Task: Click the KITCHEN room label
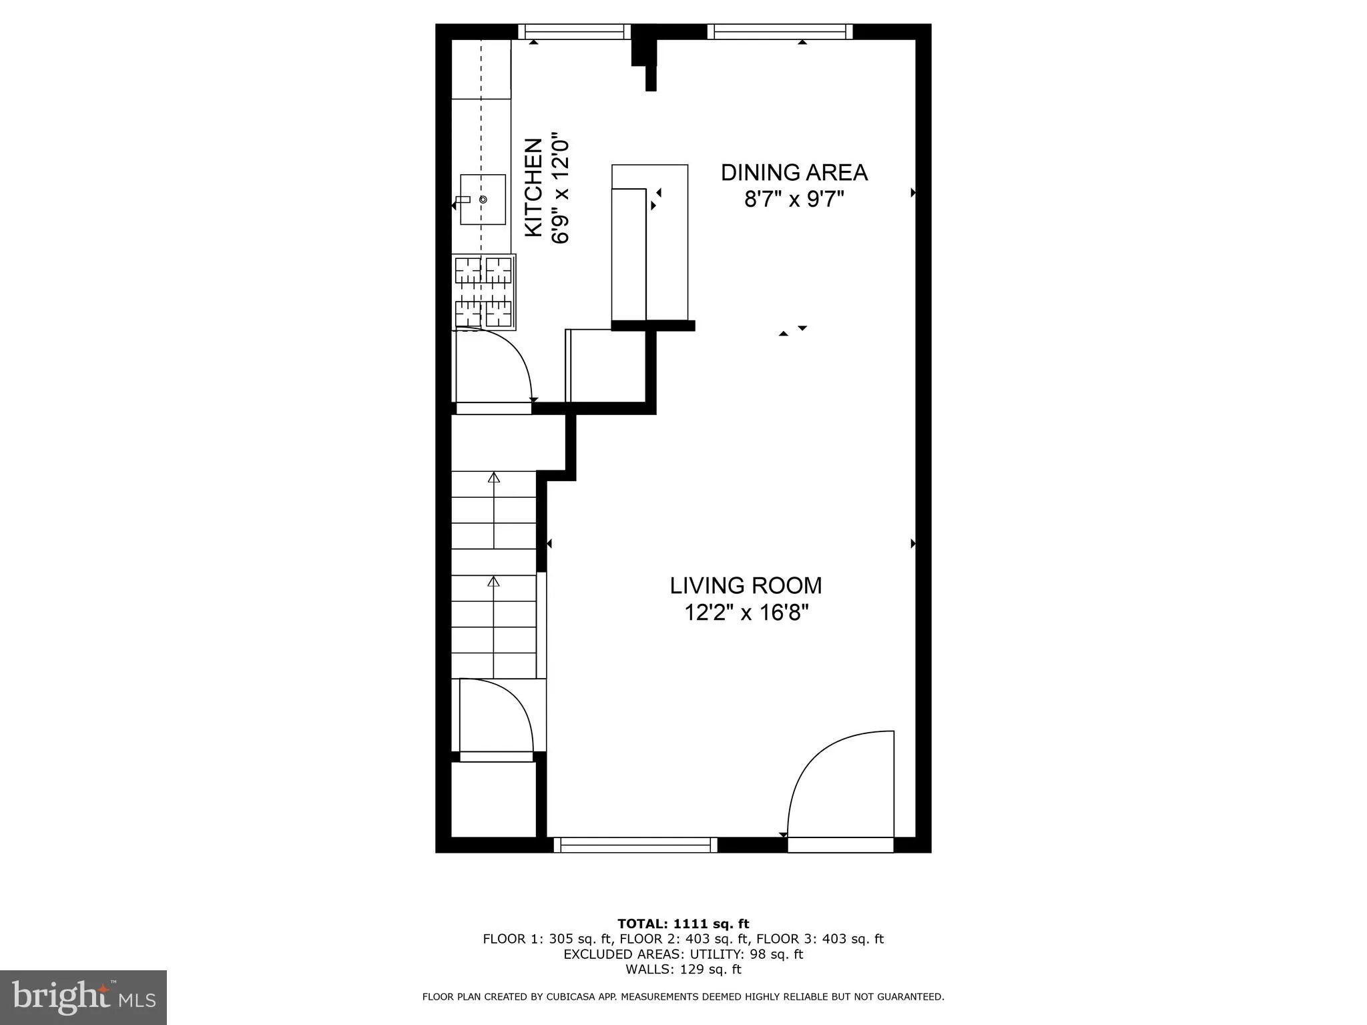[533, 188]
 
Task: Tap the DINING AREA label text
[794, 173]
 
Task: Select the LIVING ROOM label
[746, 585]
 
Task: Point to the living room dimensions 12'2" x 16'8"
[746, 613]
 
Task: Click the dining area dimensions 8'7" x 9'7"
[794, 199]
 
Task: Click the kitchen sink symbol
[483, 200]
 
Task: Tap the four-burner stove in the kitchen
[484, 292]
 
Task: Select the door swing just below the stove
[494, 367]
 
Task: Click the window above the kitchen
[575, 31]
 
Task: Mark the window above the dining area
[780, 31]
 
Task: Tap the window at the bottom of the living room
[635, 845]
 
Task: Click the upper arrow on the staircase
[494, 477]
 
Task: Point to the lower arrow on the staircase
[494, 581]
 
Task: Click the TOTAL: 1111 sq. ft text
[683, 924]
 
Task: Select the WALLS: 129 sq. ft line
[683, 970]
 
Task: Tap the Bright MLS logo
[83, 997]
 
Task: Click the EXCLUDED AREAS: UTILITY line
[683, 954]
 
